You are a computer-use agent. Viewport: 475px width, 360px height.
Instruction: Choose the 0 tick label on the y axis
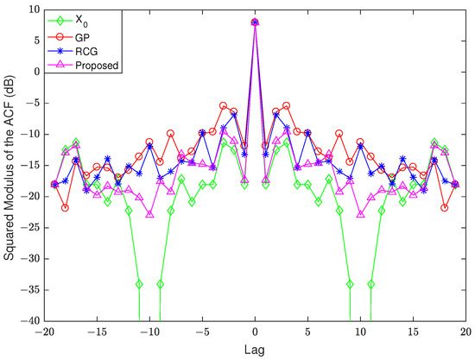(30, 72)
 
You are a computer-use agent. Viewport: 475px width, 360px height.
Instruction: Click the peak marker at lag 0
(255, 22)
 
